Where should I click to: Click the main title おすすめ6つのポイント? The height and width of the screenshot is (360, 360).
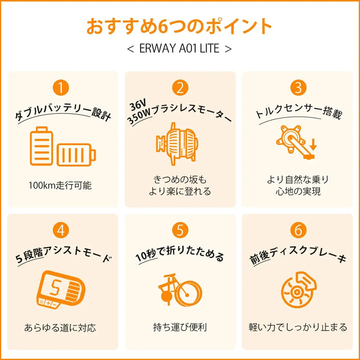179,26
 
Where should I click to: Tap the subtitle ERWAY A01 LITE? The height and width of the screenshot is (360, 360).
179,49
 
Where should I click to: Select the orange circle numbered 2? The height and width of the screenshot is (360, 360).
179,88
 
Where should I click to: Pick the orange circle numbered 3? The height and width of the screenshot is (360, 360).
298,88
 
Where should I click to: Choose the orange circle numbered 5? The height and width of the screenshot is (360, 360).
179,230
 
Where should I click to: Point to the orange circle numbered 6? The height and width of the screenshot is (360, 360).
298,230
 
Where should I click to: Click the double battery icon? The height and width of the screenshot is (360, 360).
62,147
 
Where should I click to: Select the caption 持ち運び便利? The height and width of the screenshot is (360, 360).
179,328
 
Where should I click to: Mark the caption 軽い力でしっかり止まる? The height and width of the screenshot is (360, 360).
298,328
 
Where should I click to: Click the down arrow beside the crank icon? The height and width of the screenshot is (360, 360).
313,145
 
